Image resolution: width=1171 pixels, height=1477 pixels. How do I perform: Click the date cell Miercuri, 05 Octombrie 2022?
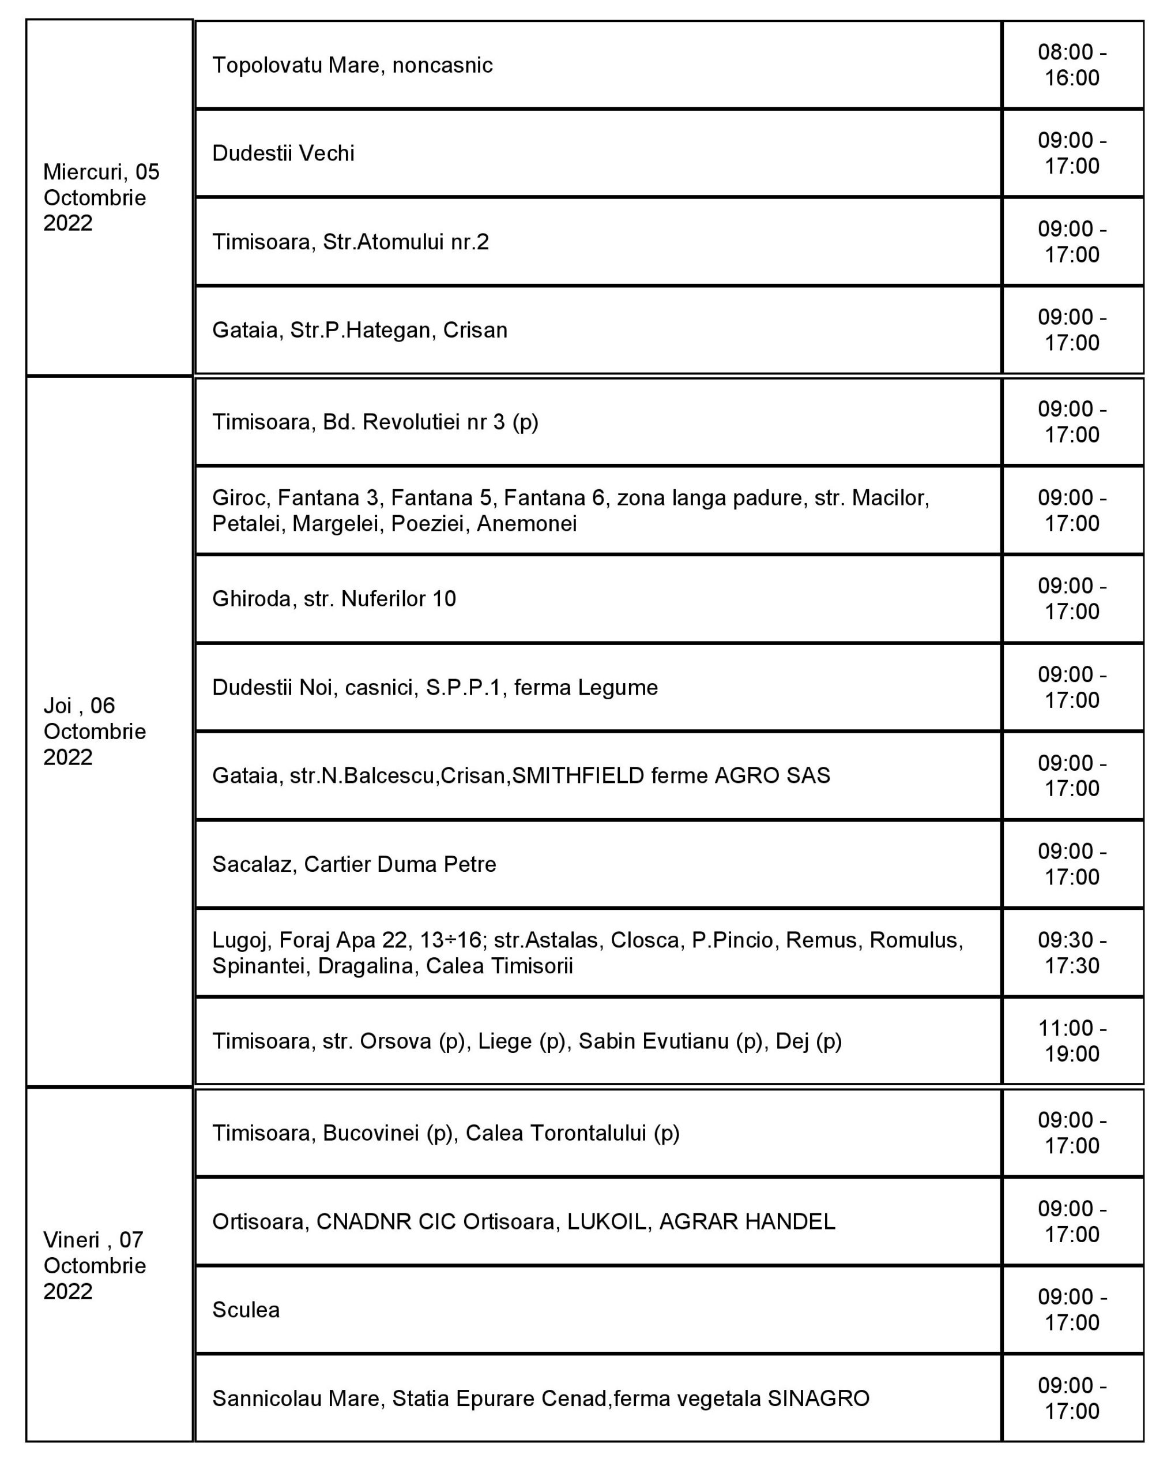tap(101, 197)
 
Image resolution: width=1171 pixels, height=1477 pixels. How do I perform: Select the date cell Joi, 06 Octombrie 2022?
tap(95, 731)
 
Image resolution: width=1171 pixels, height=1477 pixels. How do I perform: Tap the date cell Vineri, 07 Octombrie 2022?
tap(95, 1265)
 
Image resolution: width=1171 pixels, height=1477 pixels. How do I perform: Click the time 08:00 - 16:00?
tap(1072, 65)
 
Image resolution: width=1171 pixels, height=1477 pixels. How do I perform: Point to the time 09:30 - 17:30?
tap(1072, 952)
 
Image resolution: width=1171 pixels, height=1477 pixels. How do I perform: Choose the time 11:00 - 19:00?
tap(1072, 1041)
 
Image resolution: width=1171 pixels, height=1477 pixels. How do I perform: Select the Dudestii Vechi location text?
tap(284, 153)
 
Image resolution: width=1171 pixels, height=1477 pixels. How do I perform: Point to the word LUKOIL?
tap(607, 1221)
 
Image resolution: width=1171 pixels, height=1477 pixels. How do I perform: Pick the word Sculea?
tap(246, 1310)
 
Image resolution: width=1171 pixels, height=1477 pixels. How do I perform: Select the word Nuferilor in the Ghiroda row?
tap(383, 599)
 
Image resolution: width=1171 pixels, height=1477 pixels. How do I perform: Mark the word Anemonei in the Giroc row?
tap(526, 523)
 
